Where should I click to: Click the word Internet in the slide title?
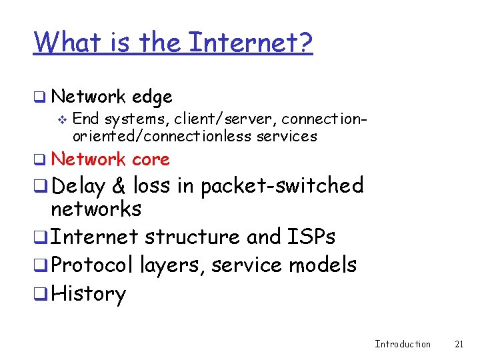251,43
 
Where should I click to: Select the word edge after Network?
152,97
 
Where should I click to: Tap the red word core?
151,159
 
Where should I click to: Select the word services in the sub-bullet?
290,136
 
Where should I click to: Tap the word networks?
96,209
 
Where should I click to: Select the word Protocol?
92,265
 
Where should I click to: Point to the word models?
323,265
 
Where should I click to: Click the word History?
88,294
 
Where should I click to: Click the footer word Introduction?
403,344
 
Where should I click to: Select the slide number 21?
459,344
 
